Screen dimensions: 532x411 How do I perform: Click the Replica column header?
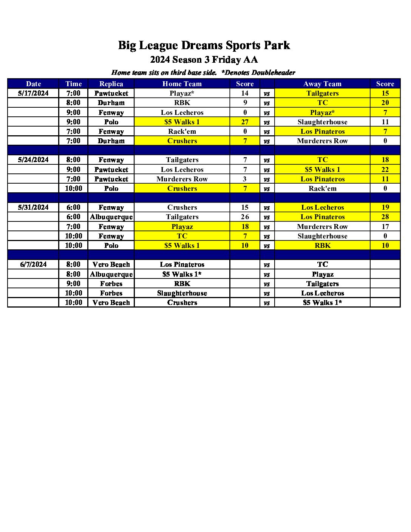tap(111, 84)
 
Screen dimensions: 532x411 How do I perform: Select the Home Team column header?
tap(182, 84)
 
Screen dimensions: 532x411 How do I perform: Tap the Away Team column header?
tap(322, 84)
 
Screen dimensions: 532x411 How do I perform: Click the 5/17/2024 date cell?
tap(33, 93)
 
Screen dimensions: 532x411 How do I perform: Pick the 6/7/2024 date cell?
tap(33, 264)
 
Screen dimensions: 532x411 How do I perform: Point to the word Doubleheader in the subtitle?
tap(273, 73)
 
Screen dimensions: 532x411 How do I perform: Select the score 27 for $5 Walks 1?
tap(245, 122)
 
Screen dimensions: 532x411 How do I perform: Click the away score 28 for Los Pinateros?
tap(385, 217)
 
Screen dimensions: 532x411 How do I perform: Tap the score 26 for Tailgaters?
tap(245, 217)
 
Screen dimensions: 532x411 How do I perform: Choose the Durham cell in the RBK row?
tap(111, 103)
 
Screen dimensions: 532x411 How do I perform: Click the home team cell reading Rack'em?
tap(182, 131)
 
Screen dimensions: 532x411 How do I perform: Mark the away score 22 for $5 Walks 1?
tap(385, 170)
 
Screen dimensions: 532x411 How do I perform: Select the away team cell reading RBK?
tap(322, 246)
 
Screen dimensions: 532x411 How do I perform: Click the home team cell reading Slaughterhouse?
tap(182, 293)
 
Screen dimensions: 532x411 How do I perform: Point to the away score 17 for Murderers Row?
tap(385, 227)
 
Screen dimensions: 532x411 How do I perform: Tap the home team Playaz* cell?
tap(182, 93)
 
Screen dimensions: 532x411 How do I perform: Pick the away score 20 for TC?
tap(385, 103)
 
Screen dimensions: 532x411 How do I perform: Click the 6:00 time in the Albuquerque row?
tap(73, 217)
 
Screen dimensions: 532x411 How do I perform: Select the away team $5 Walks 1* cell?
tap(322, 303)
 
